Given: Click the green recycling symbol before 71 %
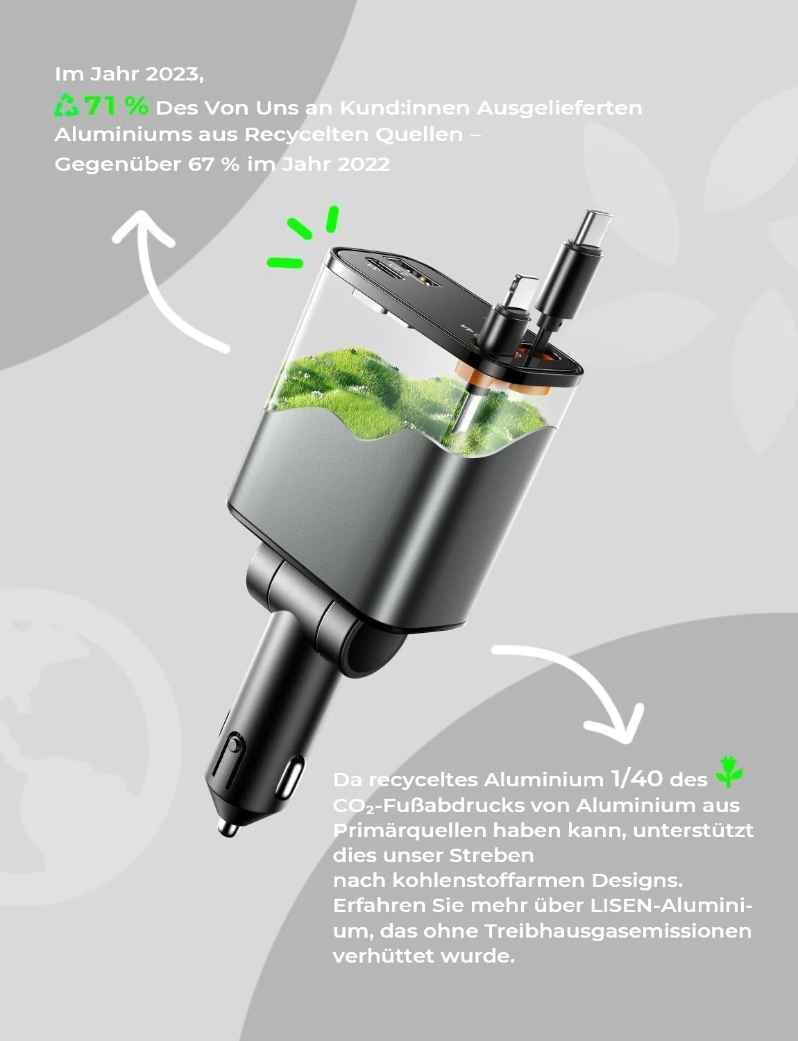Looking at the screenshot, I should pos(67,105).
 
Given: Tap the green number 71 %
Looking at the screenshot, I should pos(117,106).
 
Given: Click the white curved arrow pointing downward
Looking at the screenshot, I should pos(576,687).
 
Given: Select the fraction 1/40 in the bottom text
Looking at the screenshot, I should pos(636,778).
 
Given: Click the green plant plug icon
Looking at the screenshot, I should pos(729,772).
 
